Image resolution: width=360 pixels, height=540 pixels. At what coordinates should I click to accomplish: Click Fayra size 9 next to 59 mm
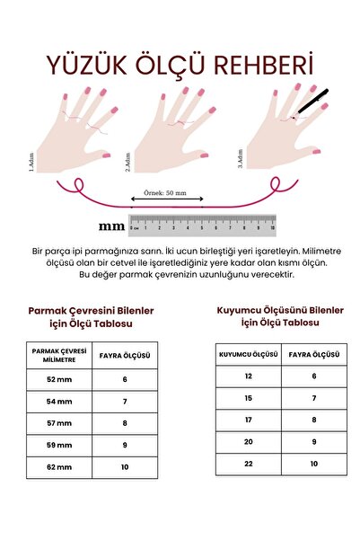pyautogui.click(x=125, y=445)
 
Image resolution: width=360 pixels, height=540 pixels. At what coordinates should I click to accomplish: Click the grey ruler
pyautogui.click(x=202, y=223)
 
